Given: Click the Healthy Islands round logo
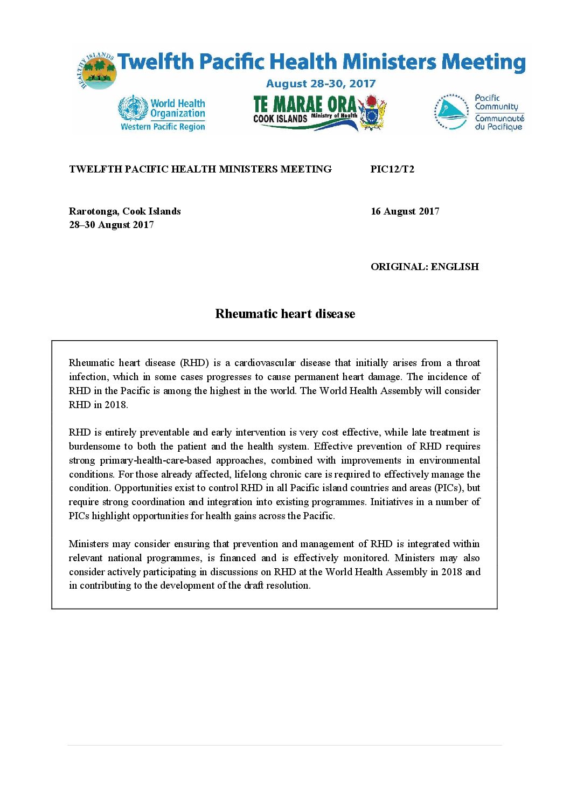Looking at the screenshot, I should click(x=97, y=71).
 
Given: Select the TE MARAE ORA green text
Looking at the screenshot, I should click(x=304, y=104).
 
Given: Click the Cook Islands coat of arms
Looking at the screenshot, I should click(x=372, y=113).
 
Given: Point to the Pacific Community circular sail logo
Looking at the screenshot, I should click(x=451, y=112).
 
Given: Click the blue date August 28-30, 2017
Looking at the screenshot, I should click(x=321, y=84).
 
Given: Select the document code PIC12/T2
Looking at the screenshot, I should click(x=392, y=169).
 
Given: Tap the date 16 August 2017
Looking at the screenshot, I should click(x=405, y=211).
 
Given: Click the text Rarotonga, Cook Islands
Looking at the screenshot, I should click(x=125, y=211).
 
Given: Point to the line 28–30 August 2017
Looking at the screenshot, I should click(x=112, y=225).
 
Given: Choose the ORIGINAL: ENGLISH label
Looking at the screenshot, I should click(x=425, y=267).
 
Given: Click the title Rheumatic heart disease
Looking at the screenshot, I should click(x=285, y=314).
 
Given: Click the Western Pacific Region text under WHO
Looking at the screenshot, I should click(x=163, y=127).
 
